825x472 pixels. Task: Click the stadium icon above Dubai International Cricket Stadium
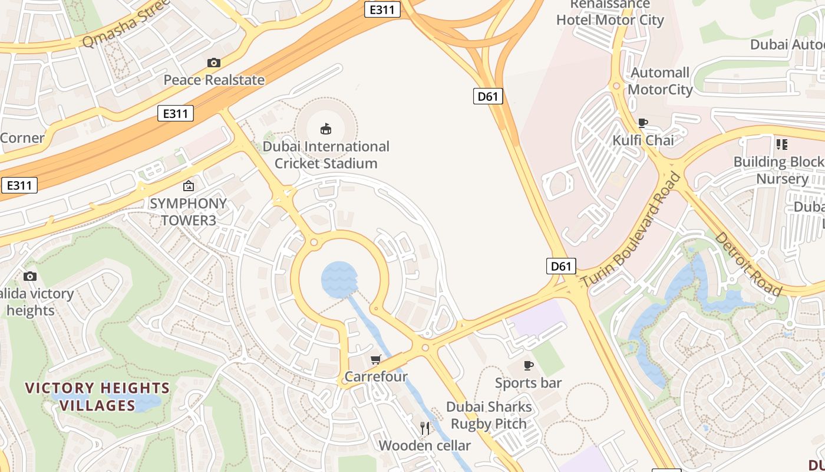point(325,129)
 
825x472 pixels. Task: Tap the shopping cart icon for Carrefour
point(375,359)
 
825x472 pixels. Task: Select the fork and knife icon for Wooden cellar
point(425,428)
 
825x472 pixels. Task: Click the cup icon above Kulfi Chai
point(643,123)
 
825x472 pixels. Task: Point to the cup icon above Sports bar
point(529,366)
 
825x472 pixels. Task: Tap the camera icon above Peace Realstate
point(213,63)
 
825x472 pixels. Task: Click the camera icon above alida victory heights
point(29,276)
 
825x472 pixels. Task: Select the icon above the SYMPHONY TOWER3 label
point(188,186)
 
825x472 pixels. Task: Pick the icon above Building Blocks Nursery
point(782,145)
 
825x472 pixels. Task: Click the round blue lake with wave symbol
point(339,279)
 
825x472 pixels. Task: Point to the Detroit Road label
point(748,264)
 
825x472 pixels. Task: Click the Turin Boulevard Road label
point(631,231)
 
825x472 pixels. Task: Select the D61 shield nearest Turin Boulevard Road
point(561,266)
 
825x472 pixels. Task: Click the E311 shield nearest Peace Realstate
point(176,113)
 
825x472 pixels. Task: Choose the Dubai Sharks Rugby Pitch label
point(489,415)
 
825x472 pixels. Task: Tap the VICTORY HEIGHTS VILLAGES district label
point(97,396)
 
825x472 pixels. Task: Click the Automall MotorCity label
point(660,81)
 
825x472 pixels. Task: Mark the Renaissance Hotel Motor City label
point(610,12)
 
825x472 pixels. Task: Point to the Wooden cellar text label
point(424,445)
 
